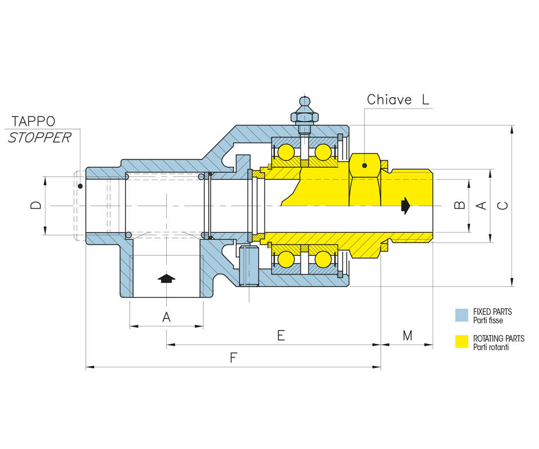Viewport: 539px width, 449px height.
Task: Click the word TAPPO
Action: click(x=33, y=121)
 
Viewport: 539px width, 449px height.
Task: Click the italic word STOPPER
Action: click(x=39, y=138)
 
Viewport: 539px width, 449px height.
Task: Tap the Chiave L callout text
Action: click(x=398, y=100)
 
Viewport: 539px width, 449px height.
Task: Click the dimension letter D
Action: click(x=36, y=205)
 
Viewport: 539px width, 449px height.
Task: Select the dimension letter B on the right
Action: click(x=460, y=205)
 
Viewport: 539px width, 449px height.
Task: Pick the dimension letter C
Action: click(x=503, y=205)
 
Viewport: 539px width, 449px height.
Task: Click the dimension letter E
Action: click(x=281, y=335)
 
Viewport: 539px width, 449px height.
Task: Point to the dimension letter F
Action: click(x=234, y=358)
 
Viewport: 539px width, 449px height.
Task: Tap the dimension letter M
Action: click(x=408, y=335)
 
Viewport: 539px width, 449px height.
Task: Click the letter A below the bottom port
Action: click(x=166, y=317)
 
